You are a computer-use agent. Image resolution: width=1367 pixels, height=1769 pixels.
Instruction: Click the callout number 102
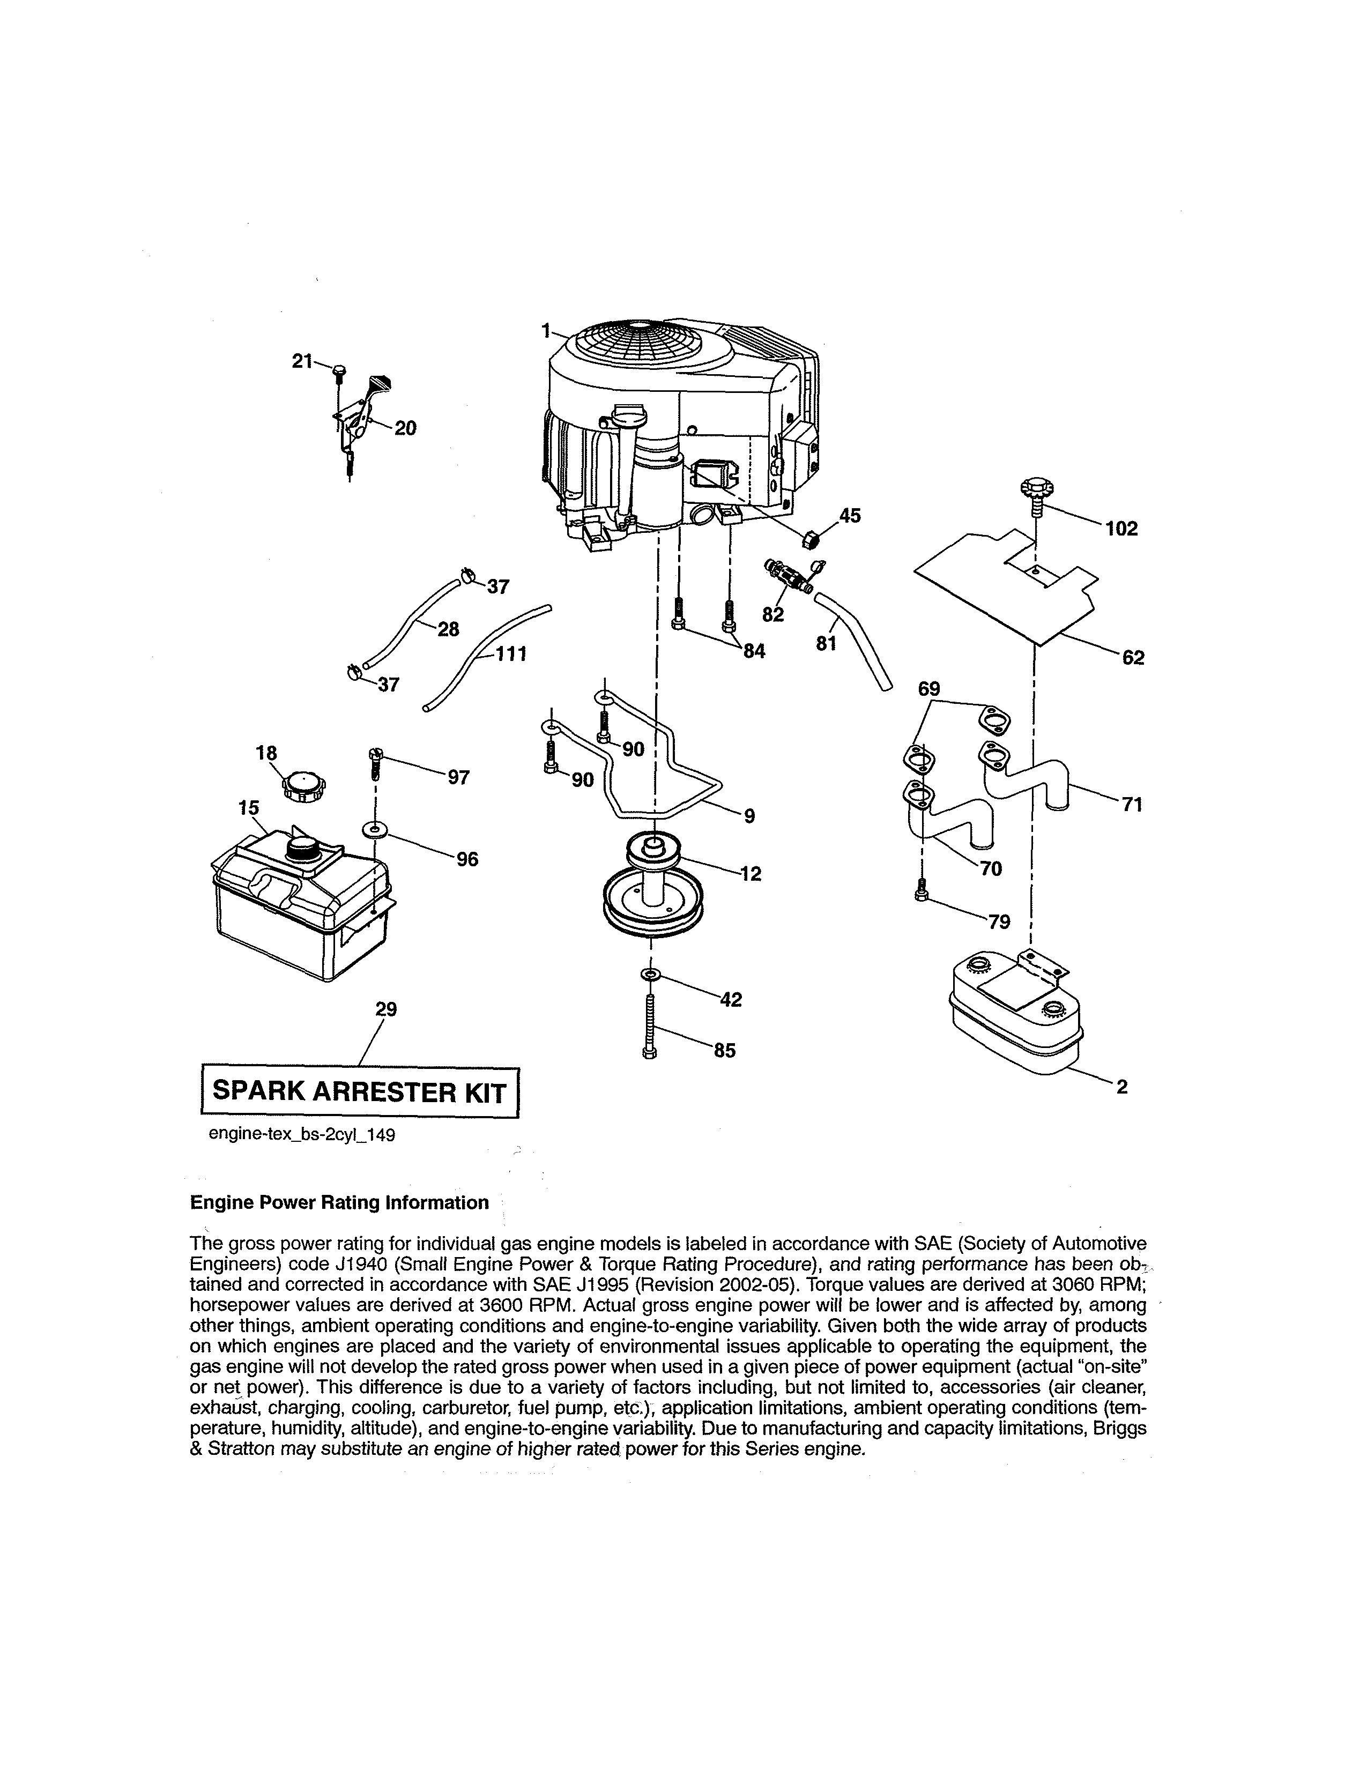[x=1121, y=529]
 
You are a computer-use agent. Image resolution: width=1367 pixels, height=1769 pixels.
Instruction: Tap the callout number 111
[x=511, y=653]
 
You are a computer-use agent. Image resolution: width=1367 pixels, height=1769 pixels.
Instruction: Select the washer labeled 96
[x=375, y=829]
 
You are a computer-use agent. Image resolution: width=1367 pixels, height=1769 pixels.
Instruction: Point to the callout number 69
[x=929, y=689]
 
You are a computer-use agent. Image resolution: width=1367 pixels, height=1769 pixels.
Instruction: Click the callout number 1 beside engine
[x=546, y=330]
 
